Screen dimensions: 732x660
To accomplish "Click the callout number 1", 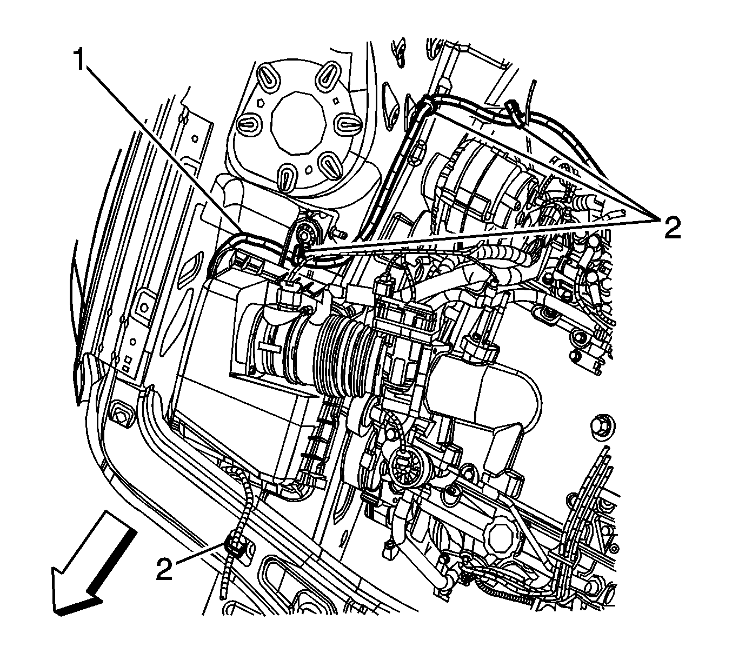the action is [x=80, y=59].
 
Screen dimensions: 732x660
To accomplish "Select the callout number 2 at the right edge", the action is [x=672, y=229].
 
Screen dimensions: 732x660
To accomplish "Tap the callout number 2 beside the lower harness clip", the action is [x=164, y=569].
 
